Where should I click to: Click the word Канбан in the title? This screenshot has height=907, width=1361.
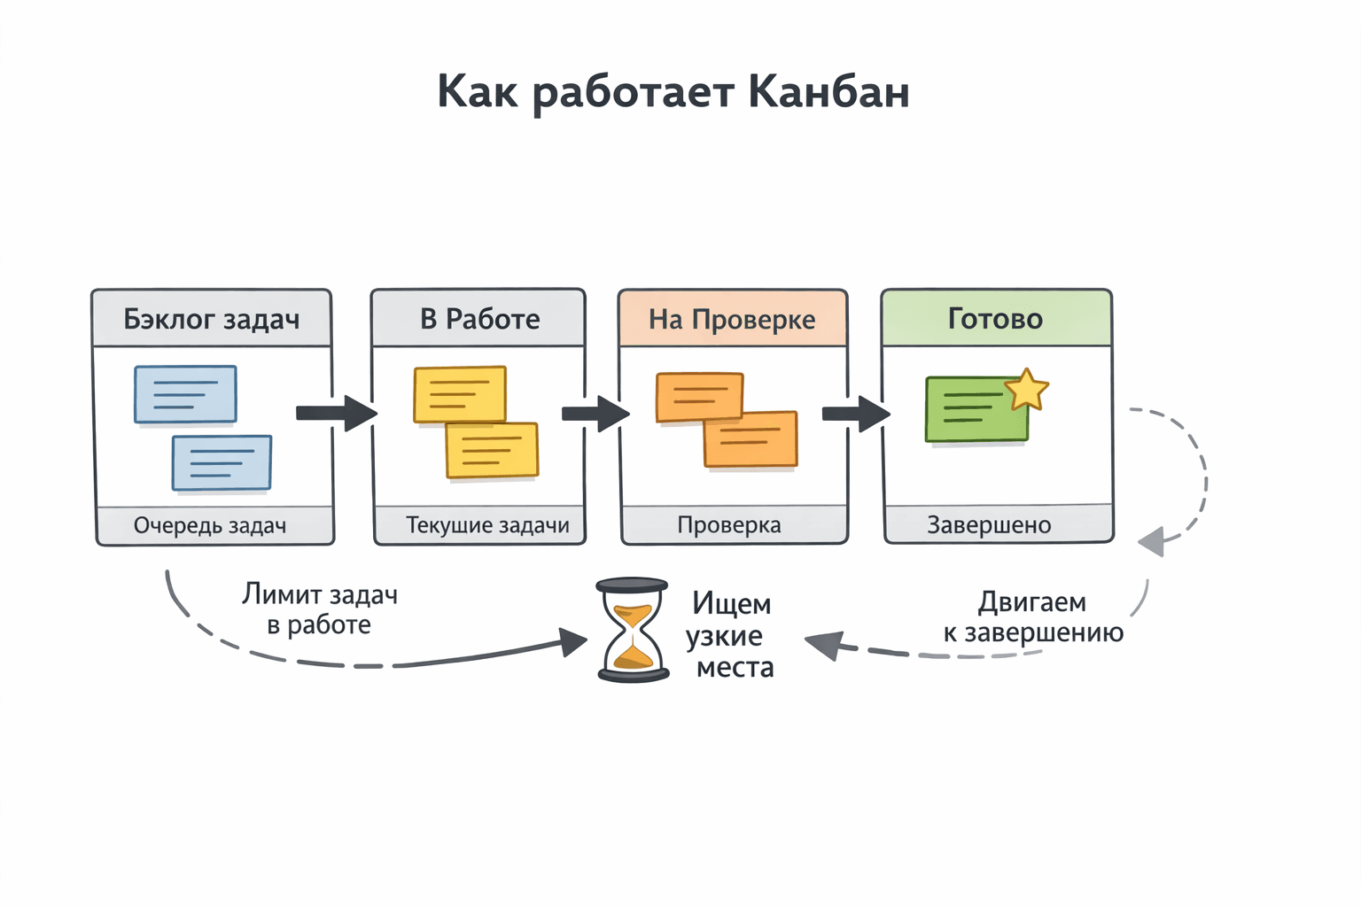tap(828, 91)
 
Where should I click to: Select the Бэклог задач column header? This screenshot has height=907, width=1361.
tap(211, 319)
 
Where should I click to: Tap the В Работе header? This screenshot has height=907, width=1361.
tap(479, 319)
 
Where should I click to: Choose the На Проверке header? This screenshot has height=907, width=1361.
tap(732, 319)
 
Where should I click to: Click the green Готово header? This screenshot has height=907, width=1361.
tap(996, 318)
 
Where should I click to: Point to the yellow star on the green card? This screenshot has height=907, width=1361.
tap(1027, 390)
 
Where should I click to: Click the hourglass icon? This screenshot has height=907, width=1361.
tap(633, 630)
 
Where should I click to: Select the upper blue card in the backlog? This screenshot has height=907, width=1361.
tap(185, 394)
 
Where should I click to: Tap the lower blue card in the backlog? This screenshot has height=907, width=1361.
tap(222, 462)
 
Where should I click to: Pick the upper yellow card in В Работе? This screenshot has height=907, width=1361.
tap(459, 393)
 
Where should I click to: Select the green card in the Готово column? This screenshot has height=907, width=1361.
tap(974, 410)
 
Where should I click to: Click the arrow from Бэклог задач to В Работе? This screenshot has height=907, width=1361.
tap(336, 413)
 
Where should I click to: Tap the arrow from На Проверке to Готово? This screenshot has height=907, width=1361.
tap(855, 414)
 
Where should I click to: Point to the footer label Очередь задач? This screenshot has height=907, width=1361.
tap(210, 525)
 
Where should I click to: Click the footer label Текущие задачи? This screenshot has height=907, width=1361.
tap(487, 525)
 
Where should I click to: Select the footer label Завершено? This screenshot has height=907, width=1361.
tap(989, 525)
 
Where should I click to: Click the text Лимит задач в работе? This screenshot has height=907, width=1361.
tap(319, 609)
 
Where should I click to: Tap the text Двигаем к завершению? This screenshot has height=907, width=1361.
tap(1033, 617)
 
